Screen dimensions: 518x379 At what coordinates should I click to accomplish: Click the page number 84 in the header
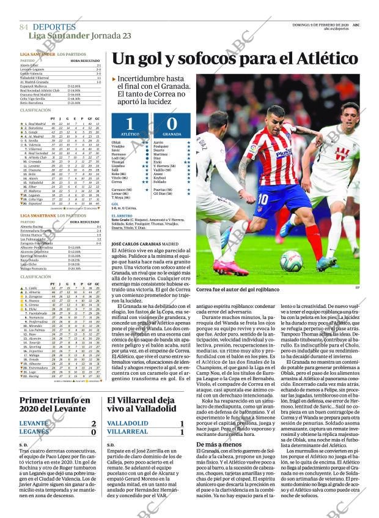click(24, 28)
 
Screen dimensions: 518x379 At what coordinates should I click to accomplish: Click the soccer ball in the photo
click(291, 261)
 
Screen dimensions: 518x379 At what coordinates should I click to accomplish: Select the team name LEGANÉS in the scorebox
click(34, 432)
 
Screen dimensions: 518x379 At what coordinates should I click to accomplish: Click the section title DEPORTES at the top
click(54, 27)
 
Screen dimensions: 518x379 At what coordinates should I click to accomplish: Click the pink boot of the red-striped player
click(230, 268)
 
